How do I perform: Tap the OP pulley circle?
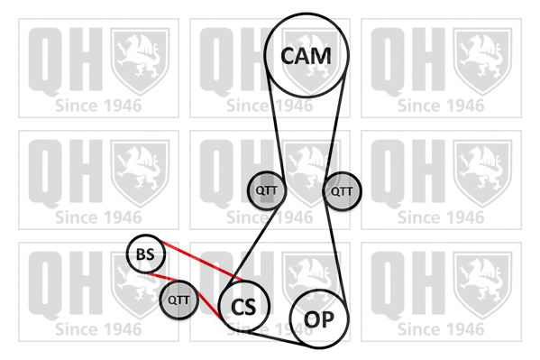click(x=316, y=318)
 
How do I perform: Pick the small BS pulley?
click(x=145, y=256)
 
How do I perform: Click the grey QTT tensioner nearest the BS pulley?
click(x=180, y=300)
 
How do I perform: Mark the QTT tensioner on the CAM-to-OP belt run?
click(x=342, y=190)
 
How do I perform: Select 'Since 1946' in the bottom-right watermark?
click(x=442, y=329)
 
